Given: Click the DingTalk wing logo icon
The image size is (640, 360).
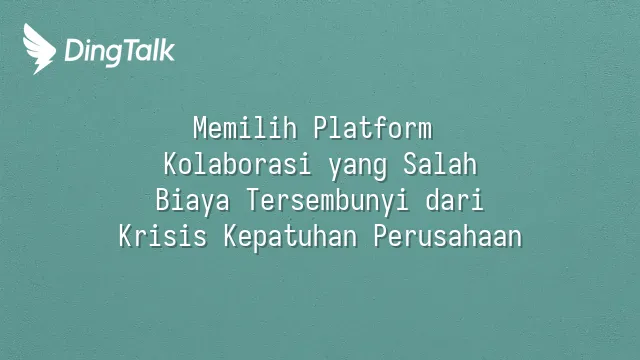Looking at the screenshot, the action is pos(39,49).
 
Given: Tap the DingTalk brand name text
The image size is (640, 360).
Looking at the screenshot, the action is pos(120,51).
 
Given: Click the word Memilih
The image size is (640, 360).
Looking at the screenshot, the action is pos(245,128).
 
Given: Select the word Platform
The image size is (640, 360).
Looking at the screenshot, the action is pos(373,128).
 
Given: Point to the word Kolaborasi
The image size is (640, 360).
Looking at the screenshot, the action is pos(237,164).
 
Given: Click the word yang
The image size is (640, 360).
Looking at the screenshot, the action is pos(357,167).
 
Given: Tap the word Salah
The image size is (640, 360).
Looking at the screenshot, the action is pos(440,164).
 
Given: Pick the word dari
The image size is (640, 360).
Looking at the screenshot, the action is pos(454,200).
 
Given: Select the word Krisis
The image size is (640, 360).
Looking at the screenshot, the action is pos(162,236).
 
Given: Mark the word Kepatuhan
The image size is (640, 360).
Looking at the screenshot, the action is pos(290,238).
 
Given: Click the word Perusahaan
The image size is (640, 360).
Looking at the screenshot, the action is pos(448,236).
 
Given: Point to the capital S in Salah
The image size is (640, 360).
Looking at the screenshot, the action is pos(410,164).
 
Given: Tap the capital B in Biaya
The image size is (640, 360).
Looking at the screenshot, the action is pos(163,200).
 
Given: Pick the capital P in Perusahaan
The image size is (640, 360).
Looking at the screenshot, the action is pos(381,236).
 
